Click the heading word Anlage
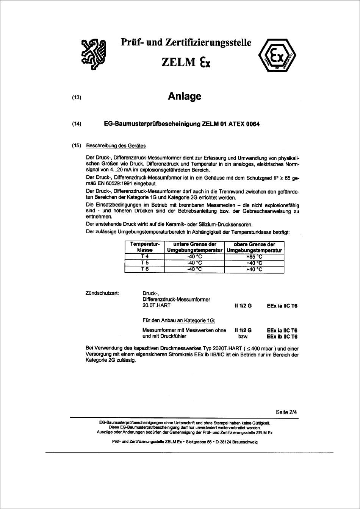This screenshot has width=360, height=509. click(x=184, y=97)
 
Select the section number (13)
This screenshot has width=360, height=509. click(x=77, y=97)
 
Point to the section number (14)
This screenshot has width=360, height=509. click(x=77, y=124)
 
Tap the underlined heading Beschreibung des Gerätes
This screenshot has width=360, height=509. click(x=116, y=146)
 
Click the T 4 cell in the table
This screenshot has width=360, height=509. click(x=144, y=256)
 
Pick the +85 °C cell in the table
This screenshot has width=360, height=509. click(x=254, y=256)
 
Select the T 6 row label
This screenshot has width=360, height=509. click(x=144, y=269)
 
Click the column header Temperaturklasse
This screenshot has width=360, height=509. click(x=144, y=247)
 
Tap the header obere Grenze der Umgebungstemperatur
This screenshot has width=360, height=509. click(x=254, y=247)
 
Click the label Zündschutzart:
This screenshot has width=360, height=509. click(x=102, y=293)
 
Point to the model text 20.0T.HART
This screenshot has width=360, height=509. click(x=157, y=306)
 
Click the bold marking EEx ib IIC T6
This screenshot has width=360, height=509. click(x=282, y=336)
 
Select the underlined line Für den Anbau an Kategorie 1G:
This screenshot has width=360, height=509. click(x=178, y=320)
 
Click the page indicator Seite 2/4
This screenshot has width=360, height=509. click(x=286, y=412)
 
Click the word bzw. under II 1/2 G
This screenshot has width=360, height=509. click(x=243, y=336)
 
